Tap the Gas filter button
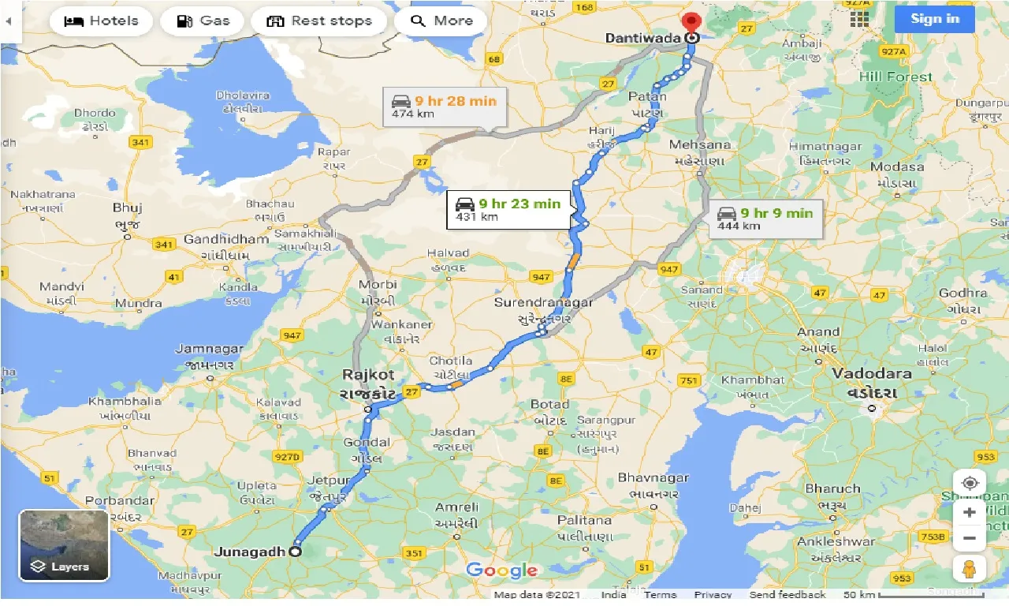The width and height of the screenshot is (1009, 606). click(203, 21)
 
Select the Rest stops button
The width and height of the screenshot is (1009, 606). click(318, 21)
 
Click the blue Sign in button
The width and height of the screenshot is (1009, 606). click(934, 19)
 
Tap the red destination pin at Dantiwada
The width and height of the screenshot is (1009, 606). click(692, 24)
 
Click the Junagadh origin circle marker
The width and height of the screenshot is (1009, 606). click(296, 552)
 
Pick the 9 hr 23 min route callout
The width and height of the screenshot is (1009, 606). click(508, 209)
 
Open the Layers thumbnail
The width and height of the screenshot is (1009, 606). click(64, 545)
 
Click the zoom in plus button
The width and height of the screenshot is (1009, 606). click(970, 511)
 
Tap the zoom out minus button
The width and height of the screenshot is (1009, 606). click(970, 539)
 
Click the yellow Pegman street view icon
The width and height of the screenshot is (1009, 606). click(970, 568)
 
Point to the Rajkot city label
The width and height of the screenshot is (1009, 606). click(367, 376)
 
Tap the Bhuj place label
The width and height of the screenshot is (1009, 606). click(127, 208)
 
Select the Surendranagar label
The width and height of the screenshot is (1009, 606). click(543, 303)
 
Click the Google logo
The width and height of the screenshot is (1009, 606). click(502, 570)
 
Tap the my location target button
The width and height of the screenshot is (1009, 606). click(970, 483)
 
